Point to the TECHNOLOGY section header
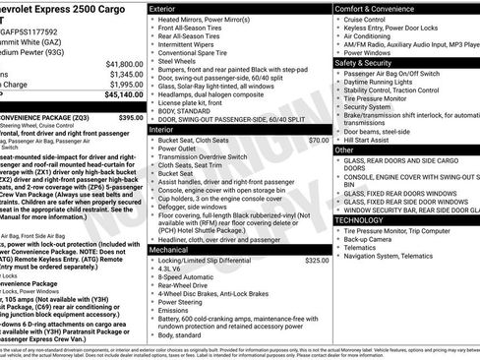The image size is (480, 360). click(x=364, y=220)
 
